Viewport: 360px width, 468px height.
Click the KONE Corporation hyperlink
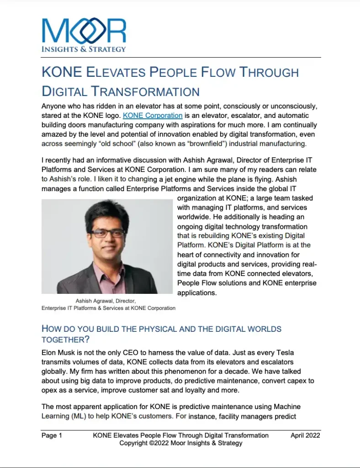(x=153, y=116)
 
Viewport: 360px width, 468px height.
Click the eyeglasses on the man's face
(x=107, y=233)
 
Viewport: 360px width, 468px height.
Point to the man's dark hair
(x=108, y=212)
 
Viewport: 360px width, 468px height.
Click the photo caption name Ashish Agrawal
(x=94, y=301)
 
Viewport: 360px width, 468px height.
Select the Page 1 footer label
(x=52, y=436)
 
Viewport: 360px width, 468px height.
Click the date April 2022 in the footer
(x=305, y=436)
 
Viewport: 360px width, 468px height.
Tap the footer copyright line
(x=181, y=443)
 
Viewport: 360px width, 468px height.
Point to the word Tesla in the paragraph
(x=291, y=353)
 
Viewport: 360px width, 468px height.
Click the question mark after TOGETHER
(x=87, y=340)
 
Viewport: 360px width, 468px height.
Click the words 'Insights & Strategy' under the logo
(x=84, y=49)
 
